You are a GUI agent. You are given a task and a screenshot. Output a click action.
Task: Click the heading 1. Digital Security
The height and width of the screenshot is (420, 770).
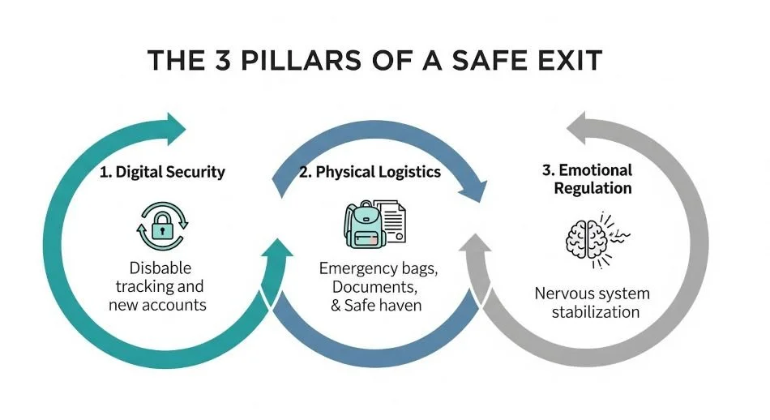pos(162,172)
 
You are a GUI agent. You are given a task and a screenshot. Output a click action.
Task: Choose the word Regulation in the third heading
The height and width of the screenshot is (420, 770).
pos(587,188)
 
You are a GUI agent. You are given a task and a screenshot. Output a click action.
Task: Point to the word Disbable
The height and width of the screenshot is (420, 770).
pos(160,268)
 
